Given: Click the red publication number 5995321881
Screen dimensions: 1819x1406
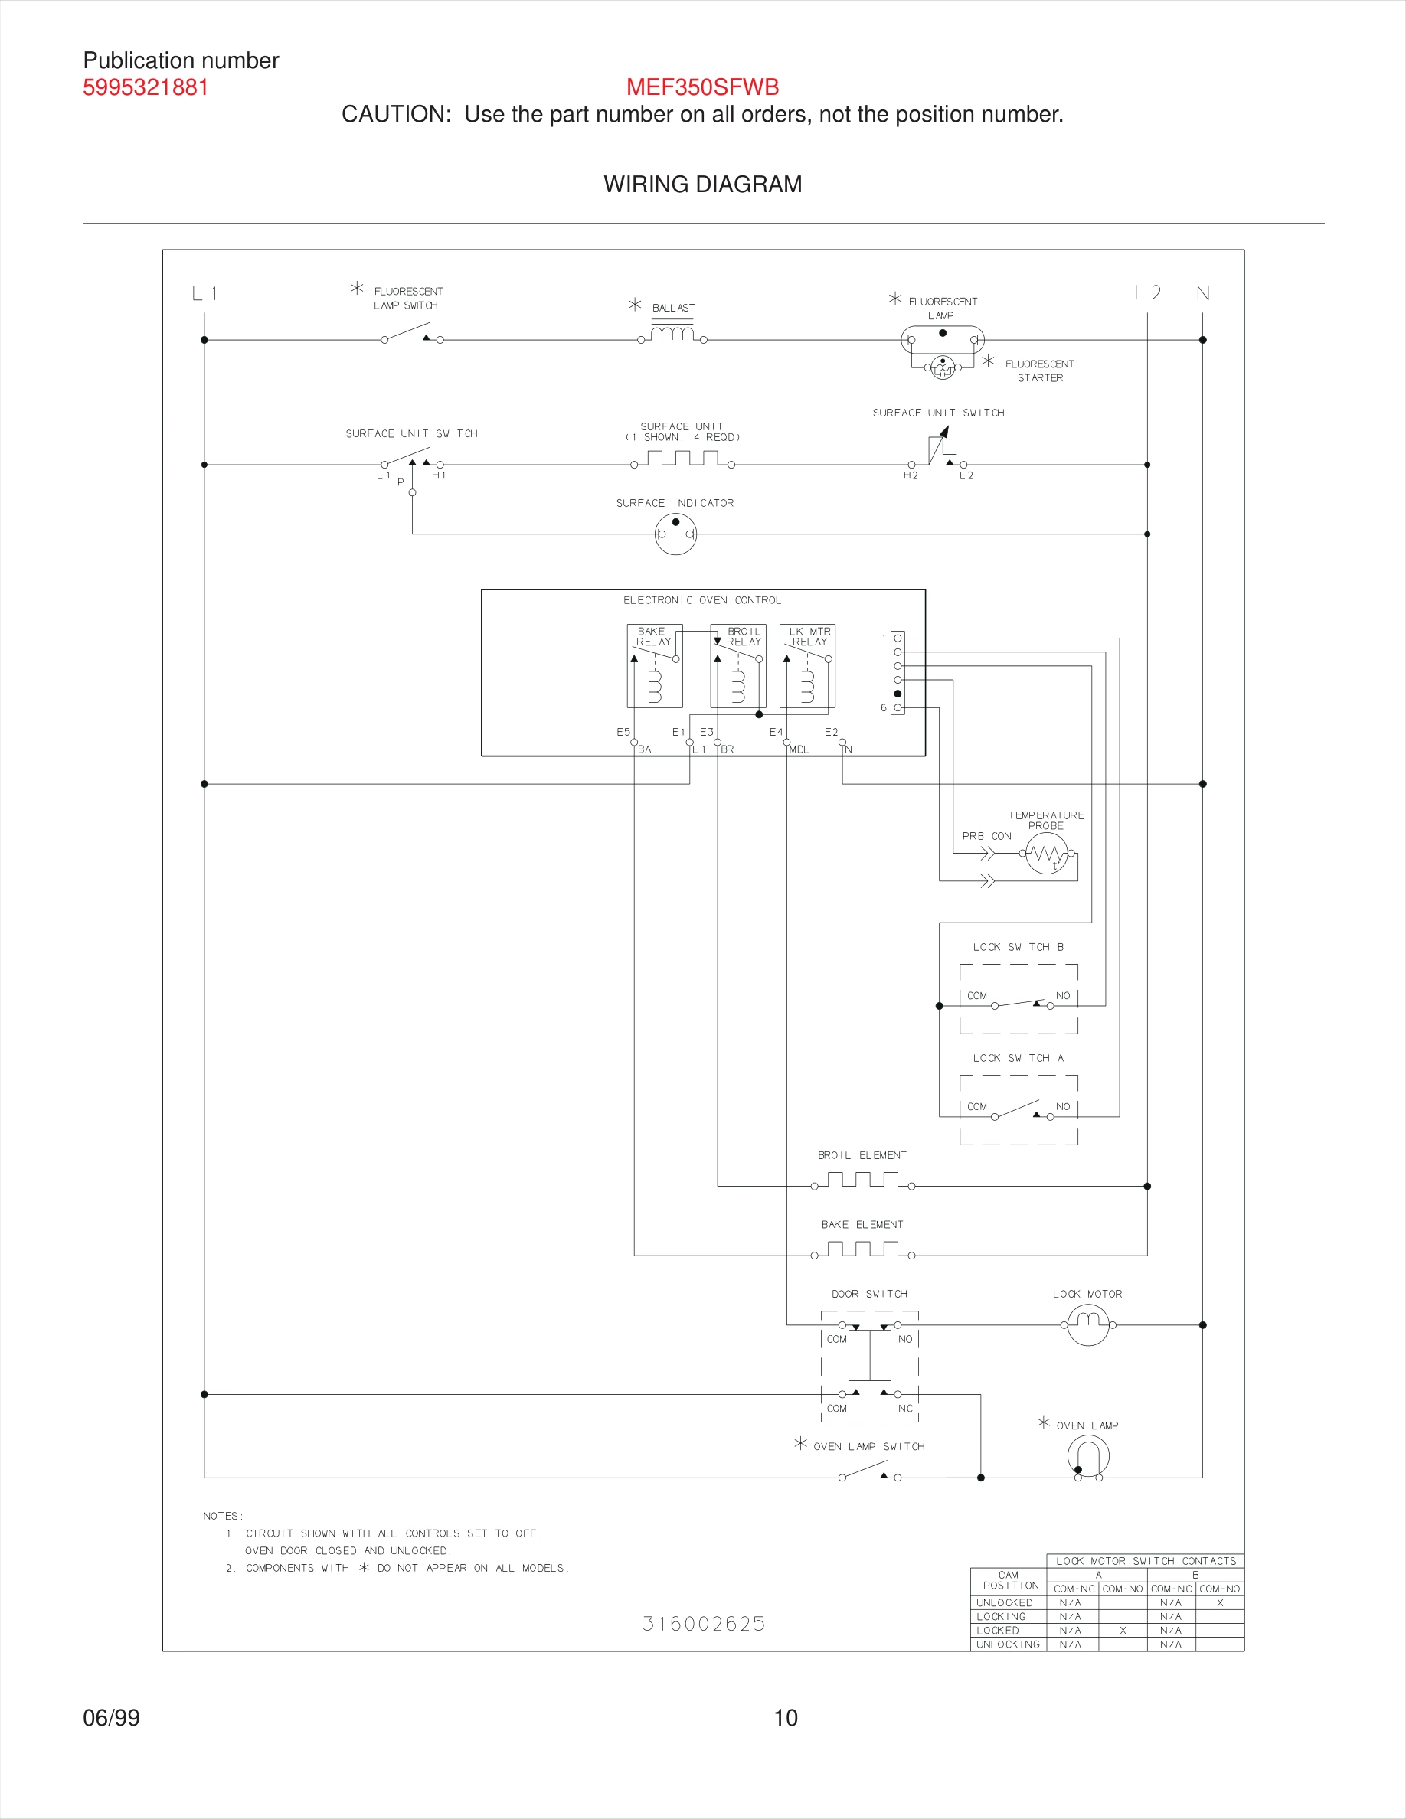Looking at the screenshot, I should tap(146, 87).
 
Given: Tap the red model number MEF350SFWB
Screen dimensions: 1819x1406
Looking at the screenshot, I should tap(702, 87).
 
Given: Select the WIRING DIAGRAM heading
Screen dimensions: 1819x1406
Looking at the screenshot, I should tap(702, 184).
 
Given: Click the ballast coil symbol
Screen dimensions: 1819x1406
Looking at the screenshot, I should tap(672, 334).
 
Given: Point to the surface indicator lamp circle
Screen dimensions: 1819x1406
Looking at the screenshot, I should tap(675, 533).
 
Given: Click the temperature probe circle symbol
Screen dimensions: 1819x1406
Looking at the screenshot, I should tap(1046, 854).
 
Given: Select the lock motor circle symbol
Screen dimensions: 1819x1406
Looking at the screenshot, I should tap(1088, 1324).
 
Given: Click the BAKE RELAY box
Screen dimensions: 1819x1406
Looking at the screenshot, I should tap(655, 666).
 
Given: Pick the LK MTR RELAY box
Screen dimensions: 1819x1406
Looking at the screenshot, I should tap(807, 666).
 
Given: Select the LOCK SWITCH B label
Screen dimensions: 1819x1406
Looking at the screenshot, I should tap(1018, 947).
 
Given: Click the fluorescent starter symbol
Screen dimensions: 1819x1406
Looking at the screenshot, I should tap(942, 367).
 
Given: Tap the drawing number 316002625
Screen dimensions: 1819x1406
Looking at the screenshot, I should tap(704, 1624).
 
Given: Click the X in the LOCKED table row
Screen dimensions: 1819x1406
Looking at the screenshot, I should tap(1122, 1630).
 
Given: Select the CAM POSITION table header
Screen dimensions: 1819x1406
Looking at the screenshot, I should tap(1009, 1580).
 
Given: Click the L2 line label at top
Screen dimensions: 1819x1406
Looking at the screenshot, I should tap(1147, 293).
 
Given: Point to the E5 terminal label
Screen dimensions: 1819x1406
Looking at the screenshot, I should tap(623, 732).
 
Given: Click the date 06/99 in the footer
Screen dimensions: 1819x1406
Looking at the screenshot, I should tap(112, 1717).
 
